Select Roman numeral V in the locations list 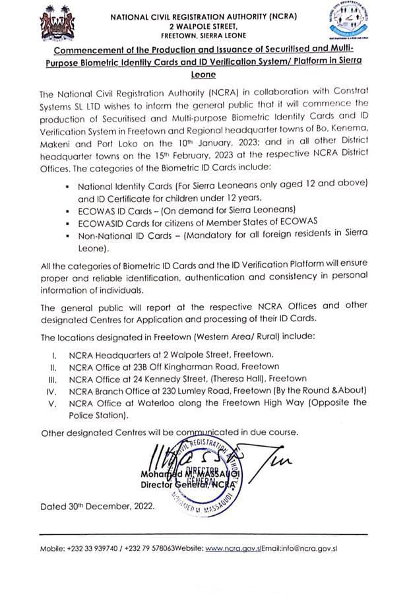57,402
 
